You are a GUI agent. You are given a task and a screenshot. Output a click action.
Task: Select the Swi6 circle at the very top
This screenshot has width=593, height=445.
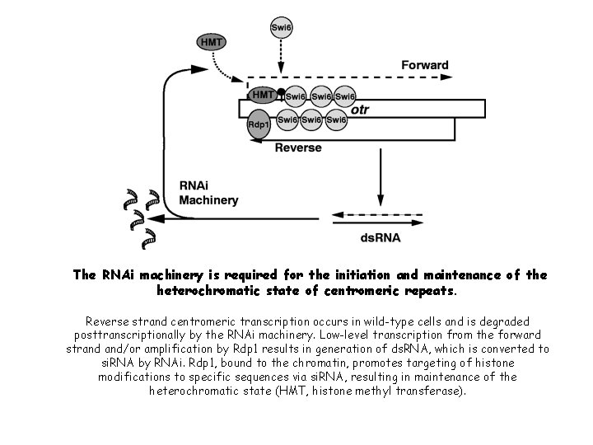click(280, 29)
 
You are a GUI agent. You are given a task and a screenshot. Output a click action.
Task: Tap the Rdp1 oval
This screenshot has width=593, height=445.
click(259, 124)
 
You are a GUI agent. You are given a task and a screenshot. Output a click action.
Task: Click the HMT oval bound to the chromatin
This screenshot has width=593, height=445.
click(264, 96)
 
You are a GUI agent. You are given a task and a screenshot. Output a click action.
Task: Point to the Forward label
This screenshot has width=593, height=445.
click(425, 64)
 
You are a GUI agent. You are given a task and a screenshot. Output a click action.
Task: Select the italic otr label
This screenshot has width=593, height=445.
click(359, 109)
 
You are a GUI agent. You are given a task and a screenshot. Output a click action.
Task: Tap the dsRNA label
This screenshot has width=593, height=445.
click(381, 238)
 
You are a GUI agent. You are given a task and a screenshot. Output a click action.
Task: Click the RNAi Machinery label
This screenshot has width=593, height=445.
click(208, 193)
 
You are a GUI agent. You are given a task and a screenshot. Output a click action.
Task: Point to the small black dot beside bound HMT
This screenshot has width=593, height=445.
click(281, 91)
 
